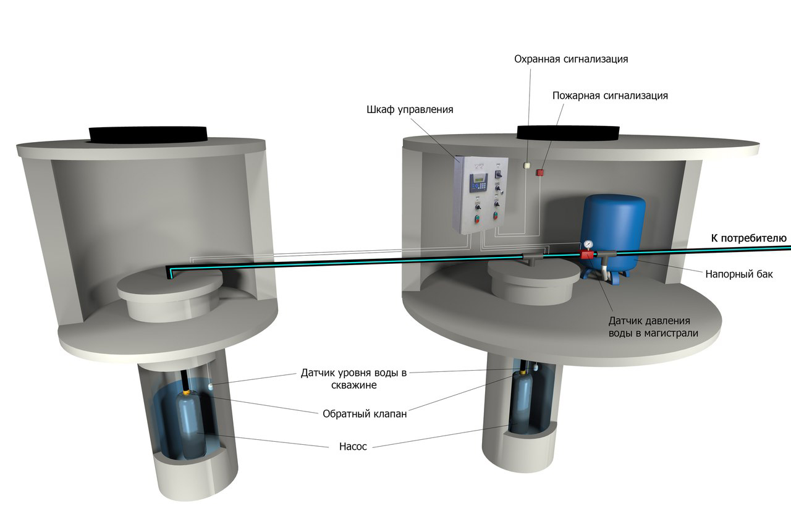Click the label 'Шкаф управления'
[x=410, y=110]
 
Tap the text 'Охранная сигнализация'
[x=571, y=59]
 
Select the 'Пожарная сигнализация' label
[x=610, y=96]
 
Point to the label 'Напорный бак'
[x=739, y=274]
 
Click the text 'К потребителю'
[x=748, y=238]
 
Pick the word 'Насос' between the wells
[x=353, y=447]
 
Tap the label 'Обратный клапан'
[x=365, y=414]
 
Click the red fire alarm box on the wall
[x=539, y=172]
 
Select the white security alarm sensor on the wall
[x=527, y=165]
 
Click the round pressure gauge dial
[x=588, y=244]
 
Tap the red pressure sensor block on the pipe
[x=587, y=254]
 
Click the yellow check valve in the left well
[x=187, y=392]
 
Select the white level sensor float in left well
[x=211, y=386]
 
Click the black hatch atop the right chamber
[x=568, y=132]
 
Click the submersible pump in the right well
[x=522, y=402]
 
